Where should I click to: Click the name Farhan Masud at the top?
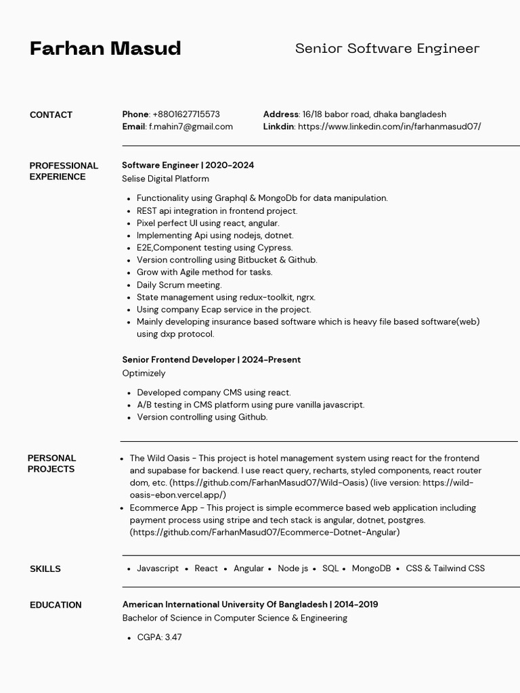click(x=105, y=49)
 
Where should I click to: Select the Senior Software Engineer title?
click(x=387, y=49)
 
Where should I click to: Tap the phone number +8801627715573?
click(x=186, y=114)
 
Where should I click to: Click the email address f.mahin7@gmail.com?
click(x=191, y=127)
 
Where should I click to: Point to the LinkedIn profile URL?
click(x=389, y=127)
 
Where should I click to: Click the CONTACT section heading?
click(x=51, y=115)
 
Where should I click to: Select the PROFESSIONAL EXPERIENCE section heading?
click(x=64, y=171)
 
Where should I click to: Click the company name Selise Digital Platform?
click(x=165, y=179)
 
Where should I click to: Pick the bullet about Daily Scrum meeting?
click(x=179, y=285)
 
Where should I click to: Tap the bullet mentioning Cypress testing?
click(x=215, y=248)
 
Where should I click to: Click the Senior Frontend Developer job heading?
click(x=211, y=360)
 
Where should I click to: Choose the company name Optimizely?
click(x=144, y=374)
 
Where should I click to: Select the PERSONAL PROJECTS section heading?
click(x=51, y=464)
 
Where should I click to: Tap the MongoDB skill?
click(x=371, y=568)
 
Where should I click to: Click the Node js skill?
click(x=292, y=568)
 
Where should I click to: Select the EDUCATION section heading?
click(x=56, y=605)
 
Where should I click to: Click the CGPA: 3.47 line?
click(x=159, y=638)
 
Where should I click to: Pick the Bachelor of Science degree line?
click(x=234, y=618)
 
